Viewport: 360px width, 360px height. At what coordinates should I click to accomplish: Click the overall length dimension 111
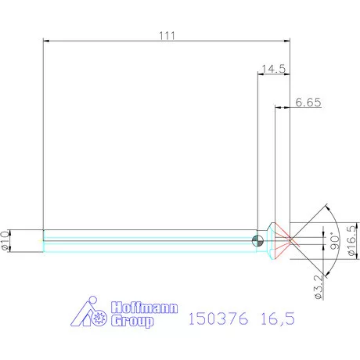[x=166, y=35]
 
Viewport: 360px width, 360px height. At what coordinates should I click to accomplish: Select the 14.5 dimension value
[x=273, y=68]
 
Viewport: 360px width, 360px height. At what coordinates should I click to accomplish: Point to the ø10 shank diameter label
[x=6, y=239]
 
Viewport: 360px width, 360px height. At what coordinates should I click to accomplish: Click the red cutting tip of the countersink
[x=285, y=239]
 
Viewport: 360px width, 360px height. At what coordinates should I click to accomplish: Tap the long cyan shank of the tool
[x=149, y=240]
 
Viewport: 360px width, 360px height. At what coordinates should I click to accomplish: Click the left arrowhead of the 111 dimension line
[x=44, y=41]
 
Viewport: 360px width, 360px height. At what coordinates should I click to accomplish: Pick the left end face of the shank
[x=42, y=240]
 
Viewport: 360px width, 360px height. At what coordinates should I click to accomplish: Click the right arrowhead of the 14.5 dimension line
[x=288, y=74]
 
